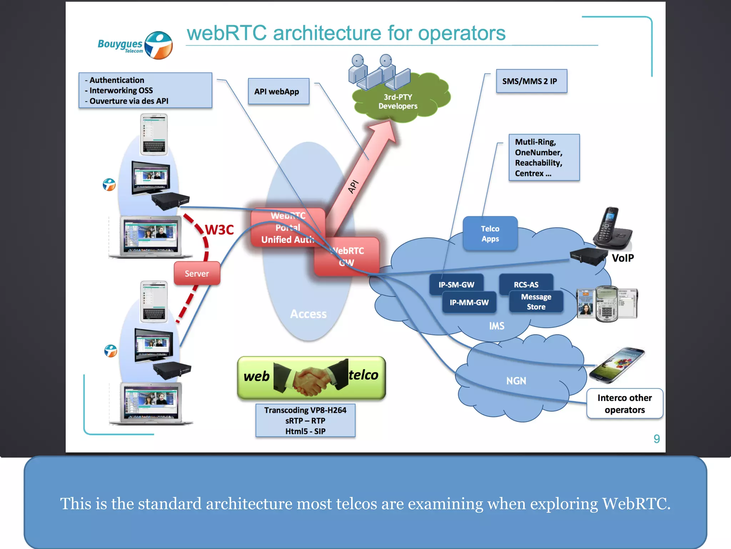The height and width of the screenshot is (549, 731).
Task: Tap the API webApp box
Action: pos(278,91)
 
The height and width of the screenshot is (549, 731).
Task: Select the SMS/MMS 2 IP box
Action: pos(531,81)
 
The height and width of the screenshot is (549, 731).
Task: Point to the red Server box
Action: pos(197,273)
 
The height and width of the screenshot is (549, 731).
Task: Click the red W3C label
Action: pos(219,230)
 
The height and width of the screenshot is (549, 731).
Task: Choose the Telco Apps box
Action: pos(490,233)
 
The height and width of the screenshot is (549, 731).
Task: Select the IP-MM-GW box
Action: pos(469,303)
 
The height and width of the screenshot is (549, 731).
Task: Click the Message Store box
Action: pos(536,302)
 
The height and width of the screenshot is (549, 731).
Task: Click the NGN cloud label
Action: pos(516,381)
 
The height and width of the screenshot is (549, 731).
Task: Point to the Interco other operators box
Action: pos(624,404)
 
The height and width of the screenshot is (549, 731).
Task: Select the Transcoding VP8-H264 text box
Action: pos(305,420)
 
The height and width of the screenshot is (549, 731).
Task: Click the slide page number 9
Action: pos(656,439)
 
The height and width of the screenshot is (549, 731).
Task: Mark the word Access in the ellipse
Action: pos(308,314)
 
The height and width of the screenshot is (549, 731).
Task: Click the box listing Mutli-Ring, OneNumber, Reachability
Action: pos(544,158)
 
